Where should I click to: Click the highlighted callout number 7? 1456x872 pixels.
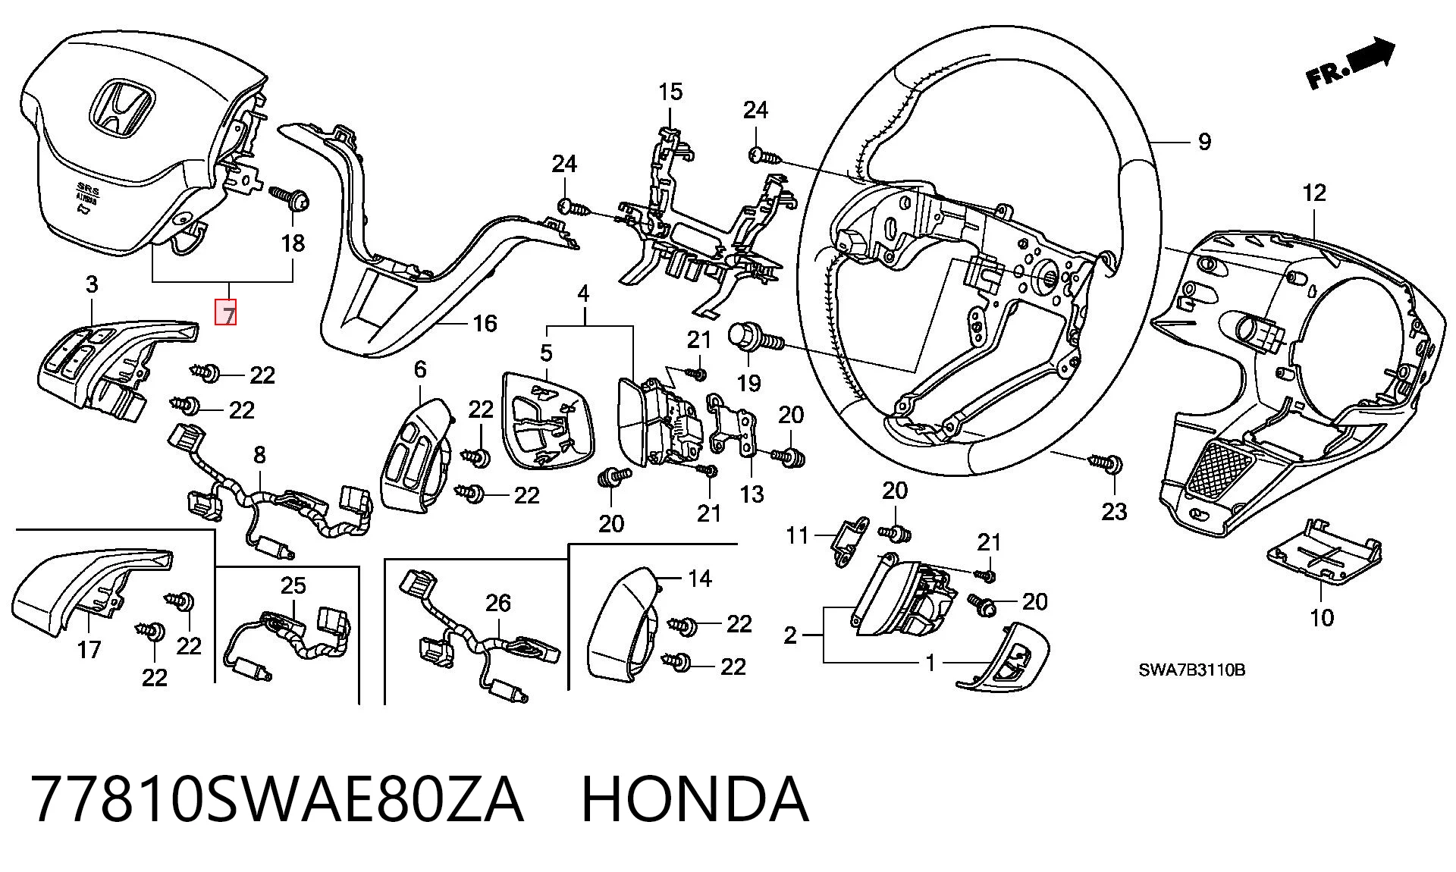tap(227, 313)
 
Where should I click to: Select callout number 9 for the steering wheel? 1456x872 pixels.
tap(1204, 142)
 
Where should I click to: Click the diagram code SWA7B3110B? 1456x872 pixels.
tap(1191, 670)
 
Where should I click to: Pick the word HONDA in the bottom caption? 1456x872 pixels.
tap(695, 799)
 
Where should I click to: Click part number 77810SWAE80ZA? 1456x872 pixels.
tap(278, 799)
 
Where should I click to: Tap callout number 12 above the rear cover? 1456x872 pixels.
tap(1314, 193)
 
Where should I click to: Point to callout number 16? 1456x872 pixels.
tap(485, 324)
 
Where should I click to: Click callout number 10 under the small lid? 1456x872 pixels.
tap(1322, 617)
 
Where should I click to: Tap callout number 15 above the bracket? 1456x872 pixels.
tap(670, 93)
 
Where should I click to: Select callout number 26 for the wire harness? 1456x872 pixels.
tap(498, 604)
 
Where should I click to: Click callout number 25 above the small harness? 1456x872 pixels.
tap(293, 585)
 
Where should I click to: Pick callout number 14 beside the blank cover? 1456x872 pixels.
tap(699, 579)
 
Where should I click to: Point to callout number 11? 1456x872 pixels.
tap(797, 536)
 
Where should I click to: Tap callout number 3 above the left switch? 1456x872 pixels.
tap(92, 285)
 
